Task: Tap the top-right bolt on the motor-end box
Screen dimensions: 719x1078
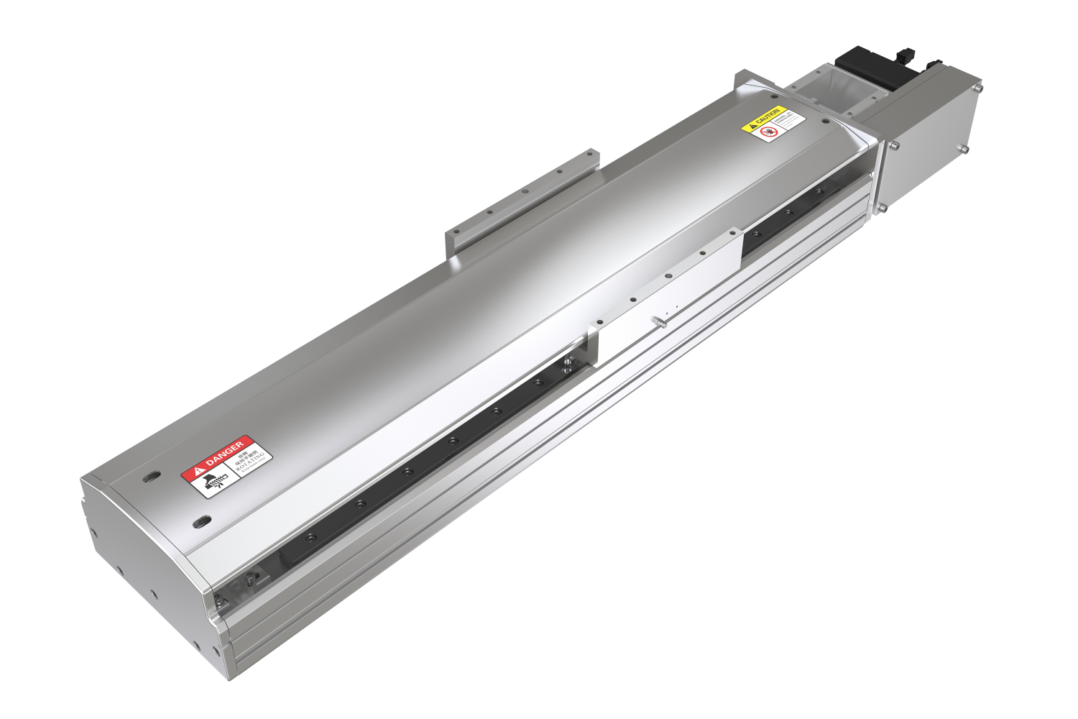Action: pos(977,88)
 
